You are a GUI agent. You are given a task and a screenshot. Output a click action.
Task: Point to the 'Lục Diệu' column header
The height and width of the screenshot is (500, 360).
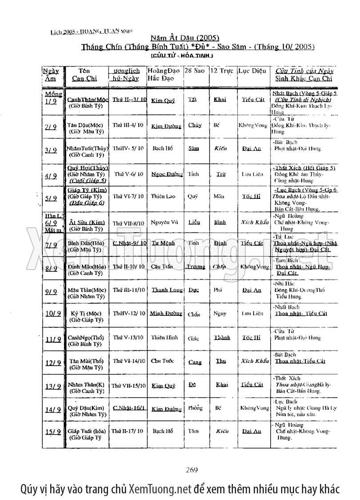coord(252,71)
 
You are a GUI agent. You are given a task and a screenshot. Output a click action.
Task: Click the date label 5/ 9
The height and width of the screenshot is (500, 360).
coord(52,199)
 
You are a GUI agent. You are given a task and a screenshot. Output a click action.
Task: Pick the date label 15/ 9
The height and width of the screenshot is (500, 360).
coord(52,431)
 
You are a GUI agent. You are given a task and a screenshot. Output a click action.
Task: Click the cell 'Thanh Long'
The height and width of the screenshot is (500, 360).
coord(167,290)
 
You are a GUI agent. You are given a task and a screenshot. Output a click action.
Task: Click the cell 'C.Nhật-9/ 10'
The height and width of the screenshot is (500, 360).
coord(129,243)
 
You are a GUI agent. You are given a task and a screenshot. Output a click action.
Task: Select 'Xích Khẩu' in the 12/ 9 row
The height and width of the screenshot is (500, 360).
coord(255,361)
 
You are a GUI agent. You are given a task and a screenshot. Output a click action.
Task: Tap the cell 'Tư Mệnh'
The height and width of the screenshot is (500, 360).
coord(162,243)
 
